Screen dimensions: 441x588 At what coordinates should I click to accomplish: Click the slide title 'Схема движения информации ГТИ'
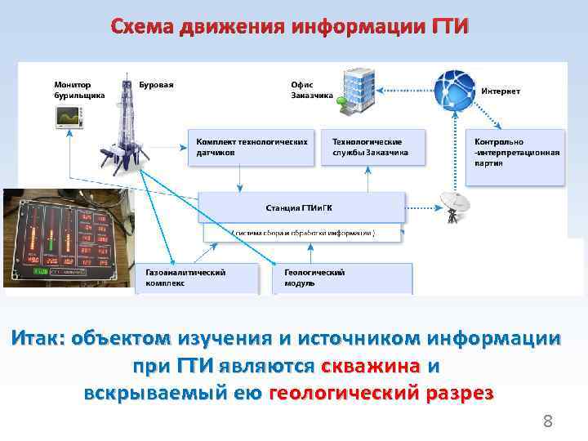[x=291, y=27]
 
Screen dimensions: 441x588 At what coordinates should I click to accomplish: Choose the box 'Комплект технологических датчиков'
[x=251, y=146]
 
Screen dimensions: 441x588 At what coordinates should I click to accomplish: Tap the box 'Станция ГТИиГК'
[x=302, y=208]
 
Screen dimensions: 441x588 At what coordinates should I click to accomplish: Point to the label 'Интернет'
[x=501, y=91]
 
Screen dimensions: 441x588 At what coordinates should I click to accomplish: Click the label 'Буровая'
[x=156, y=84]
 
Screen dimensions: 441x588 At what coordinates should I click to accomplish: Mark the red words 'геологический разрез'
[x=381, y=392]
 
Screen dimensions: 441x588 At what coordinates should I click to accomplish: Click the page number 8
[x=548, y=422]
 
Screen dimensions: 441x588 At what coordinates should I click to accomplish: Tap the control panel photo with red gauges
[x=67, y=238]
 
